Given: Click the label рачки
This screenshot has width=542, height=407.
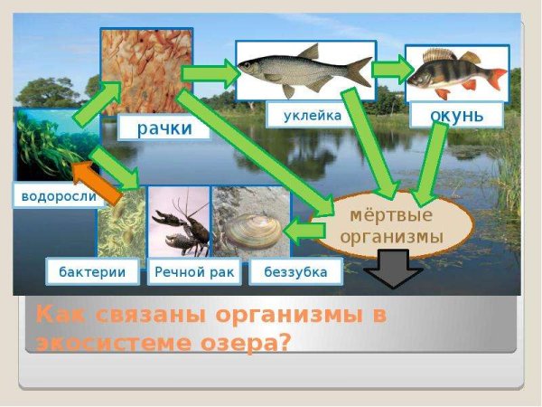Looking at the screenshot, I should point(164,128).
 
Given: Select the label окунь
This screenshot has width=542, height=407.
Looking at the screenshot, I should point(457,115).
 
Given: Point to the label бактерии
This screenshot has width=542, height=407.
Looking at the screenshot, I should point(92,270).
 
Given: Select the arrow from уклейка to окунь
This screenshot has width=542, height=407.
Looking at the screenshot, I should point(389,69).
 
